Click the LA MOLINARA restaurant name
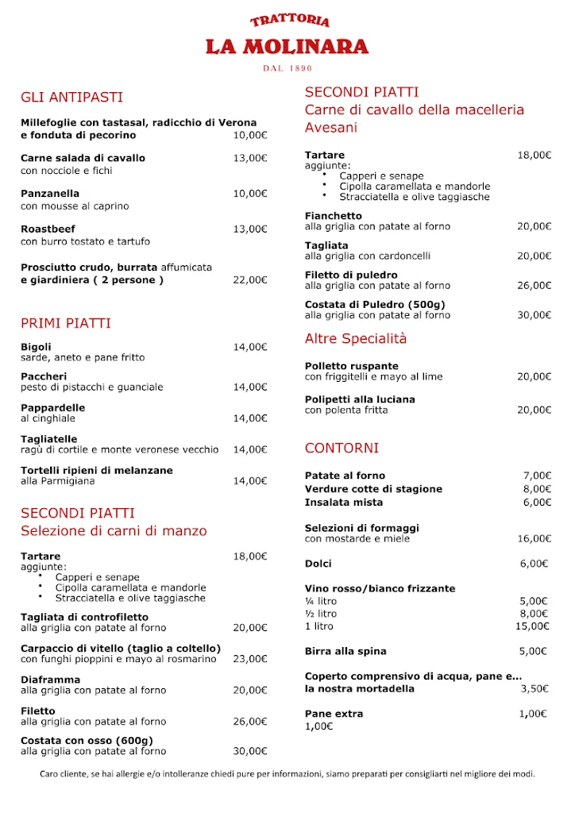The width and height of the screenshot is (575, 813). coord(287,47)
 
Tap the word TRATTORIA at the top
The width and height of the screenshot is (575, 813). coord(289,21)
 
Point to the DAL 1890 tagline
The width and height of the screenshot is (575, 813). coord(287,68)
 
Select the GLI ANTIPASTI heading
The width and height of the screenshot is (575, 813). coord(71,98)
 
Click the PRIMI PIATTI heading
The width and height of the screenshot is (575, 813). coord(66,323)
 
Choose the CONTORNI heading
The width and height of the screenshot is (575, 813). coord(342,448)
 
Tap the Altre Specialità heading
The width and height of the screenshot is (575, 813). coord(356,338)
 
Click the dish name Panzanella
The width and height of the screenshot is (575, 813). coord(50,194)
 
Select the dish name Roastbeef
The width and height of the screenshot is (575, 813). coord(48,229)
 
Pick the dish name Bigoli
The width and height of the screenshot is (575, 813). coord(36,347)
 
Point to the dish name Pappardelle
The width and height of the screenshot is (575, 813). coord(52,407)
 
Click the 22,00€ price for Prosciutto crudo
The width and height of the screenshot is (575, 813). coord(250,280)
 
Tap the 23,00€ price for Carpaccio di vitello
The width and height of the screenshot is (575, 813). coord(250,659)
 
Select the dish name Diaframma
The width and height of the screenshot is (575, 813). coord(50,680)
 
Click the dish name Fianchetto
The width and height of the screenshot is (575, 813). coord(333,216)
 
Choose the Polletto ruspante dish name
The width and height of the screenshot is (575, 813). coord(346,366)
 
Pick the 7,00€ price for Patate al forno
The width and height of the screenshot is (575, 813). coord(536,476)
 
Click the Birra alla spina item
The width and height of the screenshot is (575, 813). coord(345,652)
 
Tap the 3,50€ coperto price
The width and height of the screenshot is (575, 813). coord(534,689)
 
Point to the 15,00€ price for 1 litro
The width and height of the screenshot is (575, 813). coord(532,626)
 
